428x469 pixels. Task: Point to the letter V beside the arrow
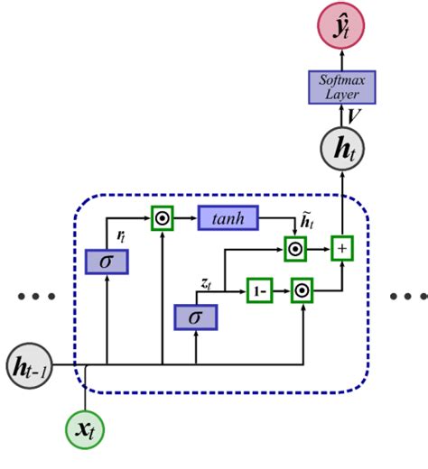[x=357, y=116]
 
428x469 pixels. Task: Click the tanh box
[x=228, y=218]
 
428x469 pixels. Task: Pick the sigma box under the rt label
[x=107, y=262]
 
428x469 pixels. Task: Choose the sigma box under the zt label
[x=195, y=317]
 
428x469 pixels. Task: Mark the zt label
[x=205, y=283]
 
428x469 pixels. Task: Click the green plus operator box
[x=342, y=246]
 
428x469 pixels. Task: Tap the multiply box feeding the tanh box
[x=162, y=218]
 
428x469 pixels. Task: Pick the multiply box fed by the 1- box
[x=302, y=291]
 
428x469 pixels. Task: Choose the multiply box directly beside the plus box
[x=295, y=247]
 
